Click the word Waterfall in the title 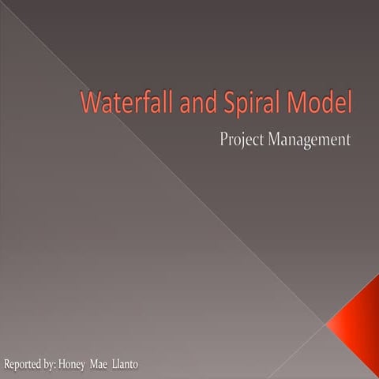pyautogui.click(x=138, y=104)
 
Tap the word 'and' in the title pyautogui.click(x=212, y=104)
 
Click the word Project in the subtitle pyautogui.click(x=242, y=141)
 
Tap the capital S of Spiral pyautogui.click(x=240, y=104)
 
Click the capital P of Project pyautogui.click(x=224, y=140)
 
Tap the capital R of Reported pyautogui.click(x=7, y=365)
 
